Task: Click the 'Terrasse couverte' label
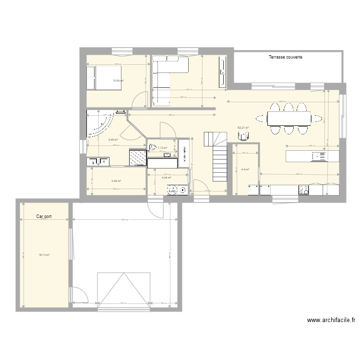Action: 285,57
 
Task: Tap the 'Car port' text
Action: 44,216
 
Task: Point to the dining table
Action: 288,118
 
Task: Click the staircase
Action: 217,156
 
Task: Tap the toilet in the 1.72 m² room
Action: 153,148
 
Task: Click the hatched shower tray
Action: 138,157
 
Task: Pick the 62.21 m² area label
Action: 243,128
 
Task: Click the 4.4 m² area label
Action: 245,169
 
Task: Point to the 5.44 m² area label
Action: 116,181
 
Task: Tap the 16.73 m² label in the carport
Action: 45,255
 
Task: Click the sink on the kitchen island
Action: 318,156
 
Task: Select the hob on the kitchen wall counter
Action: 303,190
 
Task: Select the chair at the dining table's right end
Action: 317,118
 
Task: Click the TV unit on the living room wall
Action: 222,72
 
